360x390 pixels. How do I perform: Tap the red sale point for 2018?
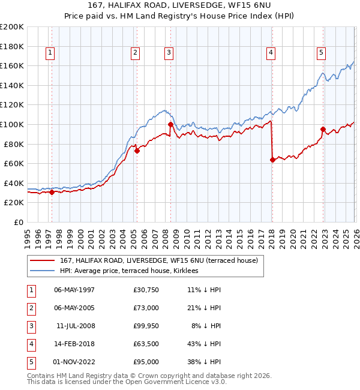pyautogui.click(x=272, y=160)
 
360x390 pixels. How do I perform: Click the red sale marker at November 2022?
pyautogui.click(x=323, y=129)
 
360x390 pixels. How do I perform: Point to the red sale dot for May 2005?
pyautogui.click(x=137, y=151)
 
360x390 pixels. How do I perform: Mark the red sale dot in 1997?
pyautogui.click(x=52, y=192)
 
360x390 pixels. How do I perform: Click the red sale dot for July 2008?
pyautogui.click(x=170, y=124)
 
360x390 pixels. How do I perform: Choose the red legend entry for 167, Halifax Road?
pyautogui.click(x=158, y=260)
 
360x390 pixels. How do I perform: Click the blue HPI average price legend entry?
pyautogui.click(x=133, y=271)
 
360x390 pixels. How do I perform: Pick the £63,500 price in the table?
pyautogui.click(x=146, y=345)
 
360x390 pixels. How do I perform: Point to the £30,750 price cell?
pyautogui.click(x=146, y=290)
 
